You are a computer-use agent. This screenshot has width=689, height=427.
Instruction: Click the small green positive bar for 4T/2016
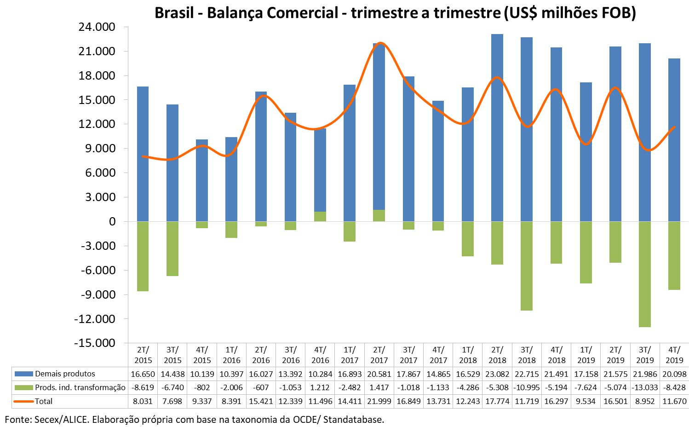pyautogui.click(x=320, y=216)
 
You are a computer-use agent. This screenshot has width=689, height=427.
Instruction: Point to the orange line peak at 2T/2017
pyautogui.click(x=380, y=43)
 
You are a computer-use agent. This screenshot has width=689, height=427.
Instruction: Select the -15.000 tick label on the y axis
pyautogui.click(x=96, y=343)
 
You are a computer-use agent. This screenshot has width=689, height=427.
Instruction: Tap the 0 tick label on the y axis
pyautogui.click(x=112, y=222)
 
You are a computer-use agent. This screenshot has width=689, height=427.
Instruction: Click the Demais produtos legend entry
pyautogui.click(x=65, y=374)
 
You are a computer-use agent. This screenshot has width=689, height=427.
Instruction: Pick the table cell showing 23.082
pyautogui.click(x=497, y=374)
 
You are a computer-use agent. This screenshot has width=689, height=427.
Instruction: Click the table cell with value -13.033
pyautogui.click(x=645, y=387)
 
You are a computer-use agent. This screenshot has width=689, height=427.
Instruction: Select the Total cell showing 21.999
pyautogui.click(x=379, y=401)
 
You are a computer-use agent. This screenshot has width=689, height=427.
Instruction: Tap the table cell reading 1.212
pyautogui.click(x=320, y=387)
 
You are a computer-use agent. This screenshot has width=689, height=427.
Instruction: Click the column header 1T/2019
pyautogui.click(x=586, y=355)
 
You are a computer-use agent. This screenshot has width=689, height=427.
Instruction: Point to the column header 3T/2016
pyautogui.click(x=291, y=355)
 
